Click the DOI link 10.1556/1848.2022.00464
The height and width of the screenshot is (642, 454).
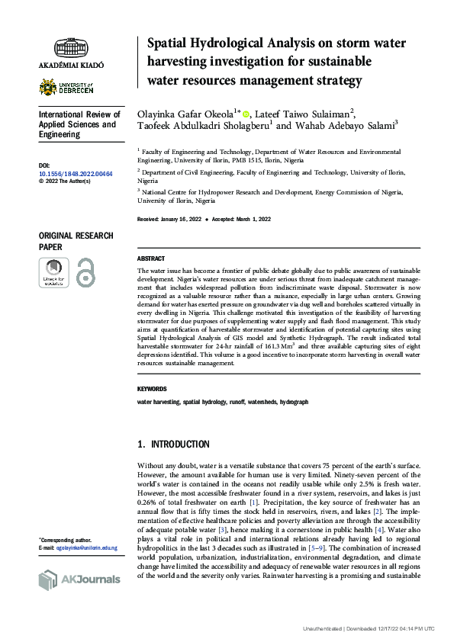pos(75,174)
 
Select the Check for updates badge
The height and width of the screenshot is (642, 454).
pos(53,272)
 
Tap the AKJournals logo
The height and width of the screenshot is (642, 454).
pos(79,579)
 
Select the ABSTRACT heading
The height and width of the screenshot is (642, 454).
pos(151,259)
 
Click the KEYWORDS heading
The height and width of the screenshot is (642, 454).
pos(153,388)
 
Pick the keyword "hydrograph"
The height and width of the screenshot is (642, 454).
pos(294,401)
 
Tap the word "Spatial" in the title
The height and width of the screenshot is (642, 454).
pos(169,43)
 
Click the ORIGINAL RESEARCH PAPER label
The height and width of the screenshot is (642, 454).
pos(76,242)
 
